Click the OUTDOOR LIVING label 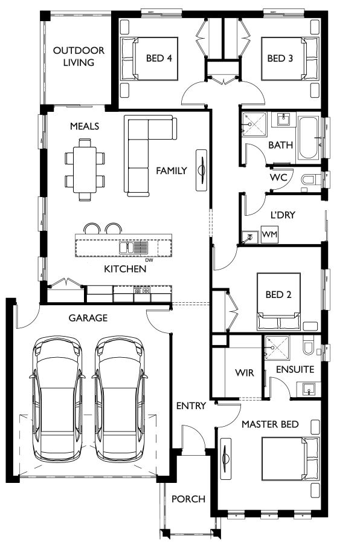[79, 56]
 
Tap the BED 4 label [159, 58]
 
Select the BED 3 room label [280, 58]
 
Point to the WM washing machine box [269, 234]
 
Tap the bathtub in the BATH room [309, 138]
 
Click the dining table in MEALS [85, 170]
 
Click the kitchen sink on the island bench [133, 247]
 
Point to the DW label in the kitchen [149, 260]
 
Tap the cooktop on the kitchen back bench [142, 290]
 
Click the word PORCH [188, 499]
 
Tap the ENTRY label [191, 406]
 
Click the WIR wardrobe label [244, 372]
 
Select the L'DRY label [283, 215]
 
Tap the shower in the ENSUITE [277, 348]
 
